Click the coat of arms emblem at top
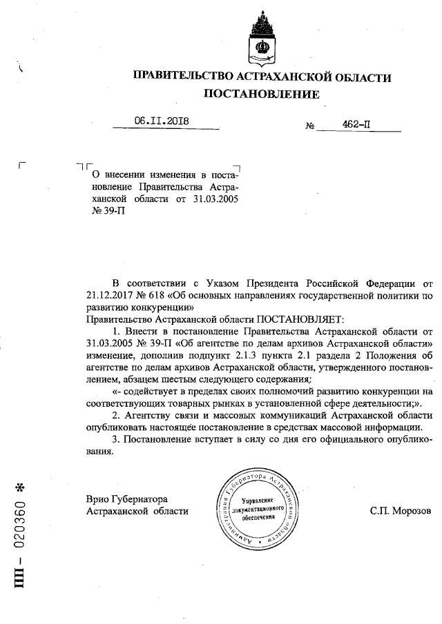pyautogui.click(x=262, y=37)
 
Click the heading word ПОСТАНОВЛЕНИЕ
pyautogui.click(x=262, y=94)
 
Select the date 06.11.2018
pyautogui.click(x=162, y=122)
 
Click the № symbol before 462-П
pyautogui.click(x=310, y=127)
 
